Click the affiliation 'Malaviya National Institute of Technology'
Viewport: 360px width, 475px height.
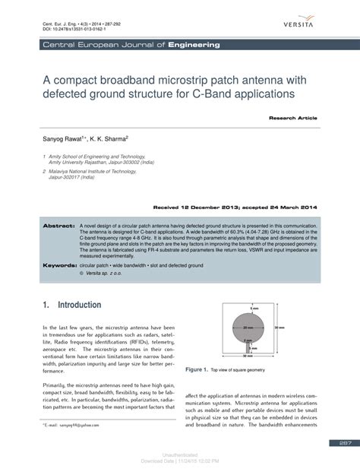tap(96, 172)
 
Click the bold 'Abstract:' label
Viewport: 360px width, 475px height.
tap(58, 226)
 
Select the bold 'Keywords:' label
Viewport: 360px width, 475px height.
tap(58, 265)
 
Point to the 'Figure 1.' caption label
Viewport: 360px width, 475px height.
tap(196, 369)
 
